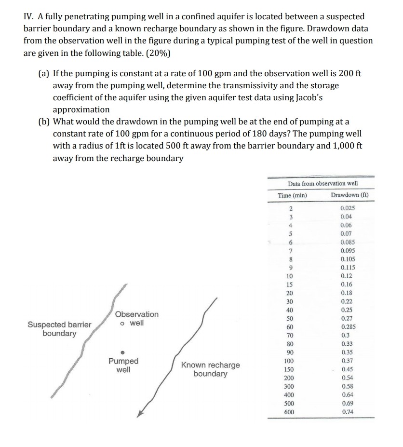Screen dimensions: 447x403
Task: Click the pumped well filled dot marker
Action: pos(123,351)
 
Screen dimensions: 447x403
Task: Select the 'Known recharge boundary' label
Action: pos(210,369)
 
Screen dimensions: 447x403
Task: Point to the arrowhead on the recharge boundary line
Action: pos(140,414)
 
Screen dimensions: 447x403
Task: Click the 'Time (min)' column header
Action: pos(292,195)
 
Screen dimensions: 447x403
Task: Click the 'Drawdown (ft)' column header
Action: pos(349,195)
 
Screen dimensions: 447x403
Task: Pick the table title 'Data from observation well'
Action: pos(322,183)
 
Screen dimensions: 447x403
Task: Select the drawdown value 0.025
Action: pos(347,208)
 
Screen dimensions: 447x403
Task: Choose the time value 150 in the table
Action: pos(289,369)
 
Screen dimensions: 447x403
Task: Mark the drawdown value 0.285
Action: pos(348,327)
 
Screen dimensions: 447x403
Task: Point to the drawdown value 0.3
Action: pos(345,335)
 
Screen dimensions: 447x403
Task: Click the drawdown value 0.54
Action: pos(347,378)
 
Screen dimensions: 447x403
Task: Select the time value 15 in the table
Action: pos(289,284)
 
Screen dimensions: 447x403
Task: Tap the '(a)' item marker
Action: pos(44,74)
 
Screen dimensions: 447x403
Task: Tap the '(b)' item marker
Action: pos(44,122)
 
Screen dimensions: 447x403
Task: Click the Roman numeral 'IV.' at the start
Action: pos(29,17)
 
